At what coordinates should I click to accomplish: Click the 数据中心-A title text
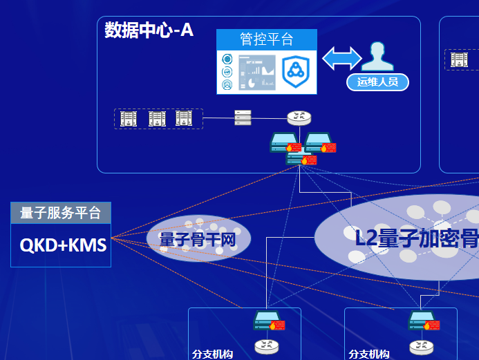click(x=149, y=30)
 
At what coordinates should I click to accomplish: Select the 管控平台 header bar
click(x=266, y=39)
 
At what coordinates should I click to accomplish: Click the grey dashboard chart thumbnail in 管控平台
click(x=257, y=72)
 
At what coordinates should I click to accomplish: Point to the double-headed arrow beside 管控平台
click(x=342, y=58)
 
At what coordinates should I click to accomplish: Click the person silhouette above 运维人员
click(x=377, y=57)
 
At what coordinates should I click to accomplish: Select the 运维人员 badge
click(x=377, y=82)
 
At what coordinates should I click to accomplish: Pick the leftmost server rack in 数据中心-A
click(x=129, y=119)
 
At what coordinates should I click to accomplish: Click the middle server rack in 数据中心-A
click(x=157, y=119)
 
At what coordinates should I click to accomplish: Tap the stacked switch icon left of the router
click(x=243, y=118)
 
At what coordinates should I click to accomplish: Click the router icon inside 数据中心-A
click(x=300, y=118)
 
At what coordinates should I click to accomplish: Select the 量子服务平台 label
click(x=61, y=214)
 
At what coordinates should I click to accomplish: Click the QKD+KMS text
click(x=63, y=244)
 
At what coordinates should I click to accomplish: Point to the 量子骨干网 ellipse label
click(x=198, y=240)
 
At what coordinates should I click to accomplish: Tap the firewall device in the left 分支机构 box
click(x=268, y=321)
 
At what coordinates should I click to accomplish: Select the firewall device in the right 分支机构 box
click(x=423, y=321)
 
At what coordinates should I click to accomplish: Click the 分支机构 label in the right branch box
click(x=369, y=354)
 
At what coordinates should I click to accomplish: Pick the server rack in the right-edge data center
click(x=458, y=60)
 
